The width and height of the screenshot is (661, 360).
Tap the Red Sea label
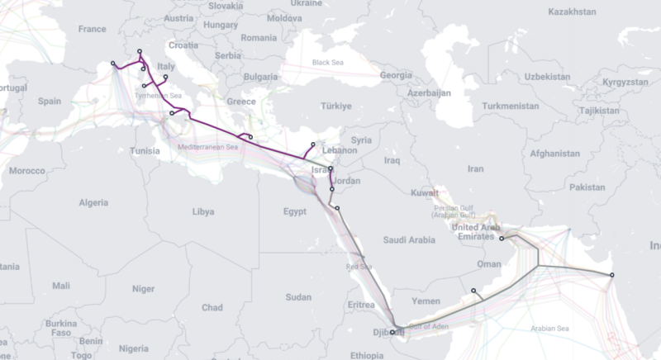tap(359, 267)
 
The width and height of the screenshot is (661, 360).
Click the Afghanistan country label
tap(554, 154)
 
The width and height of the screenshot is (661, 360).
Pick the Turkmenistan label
tap(510, 107)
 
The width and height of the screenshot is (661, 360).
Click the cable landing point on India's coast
tap(611, 275)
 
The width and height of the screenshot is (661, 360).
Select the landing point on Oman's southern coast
tap(473, 291)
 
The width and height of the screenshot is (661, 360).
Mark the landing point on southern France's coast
tap(113, 64)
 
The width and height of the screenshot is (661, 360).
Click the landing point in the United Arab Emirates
tap(502, 238)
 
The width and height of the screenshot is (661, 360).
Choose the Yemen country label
tap(437, 303)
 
